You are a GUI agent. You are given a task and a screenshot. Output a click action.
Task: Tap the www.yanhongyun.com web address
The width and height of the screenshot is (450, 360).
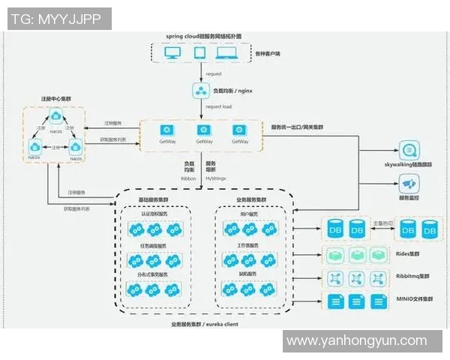point(355,341)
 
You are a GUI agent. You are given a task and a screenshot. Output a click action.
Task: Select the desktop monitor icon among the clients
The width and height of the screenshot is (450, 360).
point(172,53)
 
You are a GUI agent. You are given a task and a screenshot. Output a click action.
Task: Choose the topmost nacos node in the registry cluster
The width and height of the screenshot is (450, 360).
point(55,116)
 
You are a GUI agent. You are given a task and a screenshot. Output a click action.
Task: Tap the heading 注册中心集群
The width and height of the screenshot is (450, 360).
point(55,99)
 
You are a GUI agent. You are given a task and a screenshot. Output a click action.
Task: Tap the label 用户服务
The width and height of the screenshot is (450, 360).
point(248,213)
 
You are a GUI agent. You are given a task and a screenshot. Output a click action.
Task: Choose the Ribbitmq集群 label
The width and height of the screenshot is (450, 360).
point(414,277)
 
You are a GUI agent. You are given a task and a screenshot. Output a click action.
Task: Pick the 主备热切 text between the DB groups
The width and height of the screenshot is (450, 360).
point(382,223)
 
